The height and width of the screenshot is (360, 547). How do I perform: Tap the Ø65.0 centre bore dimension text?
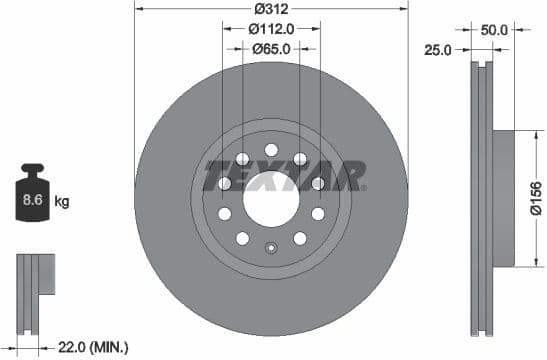click(270, 47)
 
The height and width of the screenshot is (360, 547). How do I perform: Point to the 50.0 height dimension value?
click(494, 31)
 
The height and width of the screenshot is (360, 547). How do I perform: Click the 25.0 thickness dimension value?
click(439, 49)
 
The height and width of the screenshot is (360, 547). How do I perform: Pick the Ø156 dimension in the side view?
click(535, 198)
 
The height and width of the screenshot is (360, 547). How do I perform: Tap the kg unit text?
click(62, 202)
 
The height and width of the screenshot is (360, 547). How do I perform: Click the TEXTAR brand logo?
click(283, 176)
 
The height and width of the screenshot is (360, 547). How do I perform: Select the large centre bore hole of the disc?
click(270, 190)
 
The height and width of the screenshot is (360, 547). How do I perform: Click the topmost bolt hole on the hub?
click(271, 150)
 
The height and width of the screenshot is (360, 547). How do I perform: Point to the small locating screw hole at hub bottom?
click(270, 248)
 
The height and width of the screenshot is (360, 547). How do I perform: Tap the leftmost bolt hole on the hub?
click(225, 183)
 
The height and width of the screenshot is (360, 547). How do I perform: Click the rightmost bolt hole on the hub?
click(317, 183)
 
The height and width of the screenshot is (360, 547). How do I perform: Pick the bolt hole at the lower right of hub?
click(299, 237)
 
